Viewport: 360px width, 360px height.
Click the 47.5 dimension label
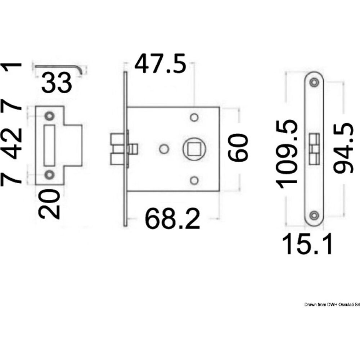click(x=160, y=64)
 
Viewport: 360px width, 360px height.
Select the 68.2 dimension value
click(x=172, y=219)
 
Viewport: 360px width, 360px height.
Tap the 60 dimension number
click(x=238, y=148)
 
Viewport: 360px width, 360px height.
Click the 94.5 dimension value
click(x=343, y=148)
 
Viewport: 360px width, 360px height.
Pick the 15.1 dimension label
click(x=307, y=244)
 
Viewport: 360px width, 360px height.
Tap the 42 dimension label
click(x=11, y=144)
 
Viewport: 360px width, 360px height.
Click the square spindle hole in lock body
click(x=194, y=149)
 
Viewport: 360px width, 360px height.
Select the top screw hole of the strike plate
click(x=49, y=116)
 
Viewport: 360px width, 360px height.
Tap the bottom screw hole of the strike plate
click(x=49, y=175)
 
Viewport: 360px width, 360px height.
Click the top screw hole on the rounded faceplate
click(x=314, y=82)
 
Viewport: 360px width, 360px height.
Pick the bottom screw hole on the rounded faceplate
click(x=314, y=215)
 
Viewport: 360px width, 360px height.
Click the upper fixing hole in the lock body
click(x=194, y=118)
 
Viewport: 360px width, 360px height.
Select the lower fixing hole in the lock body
click(x=194, y=181)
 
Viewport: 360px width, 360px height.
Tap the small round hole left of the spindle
click(x=164, y=149)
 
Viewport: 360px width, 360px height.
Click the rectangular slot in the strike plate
click(x=49, y=145)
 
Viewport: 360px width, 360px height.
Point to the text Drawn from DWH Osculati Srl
click(x=332, y=305)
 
